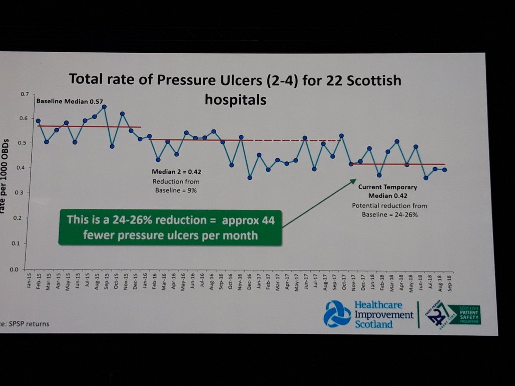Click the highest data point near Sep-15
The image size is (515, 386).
(104, 106)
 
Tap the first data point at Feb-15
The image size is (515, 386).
(38, 121)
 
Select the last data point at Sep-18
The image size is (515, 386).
(445, 170)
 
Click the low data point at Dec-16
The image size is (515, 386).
(250, 178)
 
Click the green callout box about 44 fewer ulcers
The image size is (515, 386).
(170, 227)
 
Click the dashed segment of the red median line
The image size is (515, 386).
(296, 140)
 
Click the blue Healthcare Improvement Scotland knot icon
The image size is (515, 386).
(337, 314)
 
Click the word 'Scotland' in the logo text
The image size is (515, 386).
(373, 324)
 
